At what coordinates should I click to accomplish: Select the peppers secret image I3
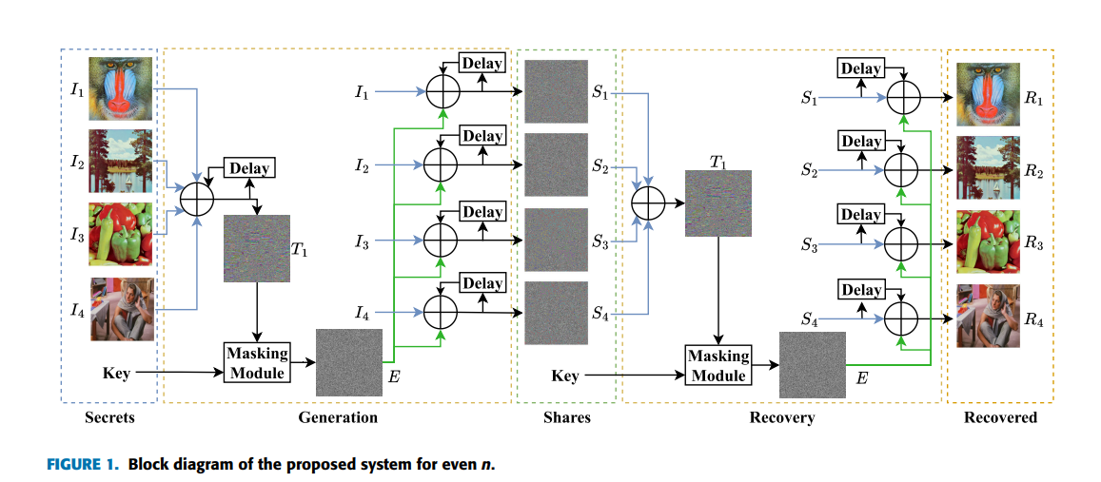(x=121, y=234)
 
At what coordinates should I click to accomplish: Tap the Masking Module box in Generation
(x=256, y=362)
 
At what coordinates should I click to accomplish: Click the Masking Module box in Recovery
(x=718, y=365)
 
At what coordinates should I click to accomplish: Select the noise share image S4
(x=556, y=313)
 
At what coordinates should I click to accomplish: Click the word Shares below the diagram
(x=567, y=417)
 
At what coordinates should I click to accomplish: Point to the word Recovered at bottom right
(x=1000, y=417)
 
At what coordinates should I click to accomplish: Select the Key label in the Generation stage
(x=116, y=374)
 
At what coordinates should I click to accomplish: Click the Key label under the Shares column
(x=565, y=376)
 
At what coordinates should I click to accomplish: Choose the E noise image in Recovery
(x=813, y=365)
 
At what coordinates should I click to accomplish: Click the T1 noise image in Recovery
(x=718, y=203)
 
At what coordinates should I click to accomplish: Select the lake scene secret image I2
(x=121, y=162)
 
